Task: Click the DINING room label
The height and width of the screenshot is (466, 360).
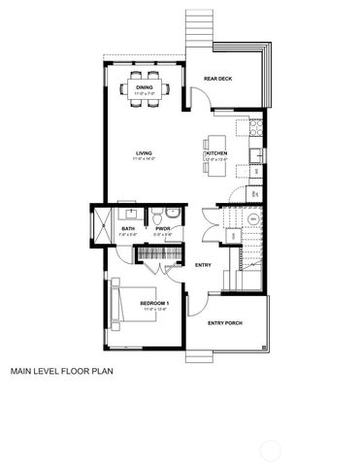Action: pos(144,86)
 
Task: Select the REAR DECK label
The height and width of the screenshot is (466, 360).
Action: pos(217,79)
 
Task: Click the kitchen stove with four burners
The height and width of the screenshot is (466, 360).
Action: pos(255,128)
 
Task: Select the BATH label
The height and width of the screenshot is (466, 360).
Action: pos(128,229)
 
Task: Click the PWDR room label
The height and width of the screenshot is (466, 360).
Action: pos(163,229)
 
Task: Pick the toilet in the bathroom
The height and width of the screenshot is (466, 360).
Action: pos(170,215)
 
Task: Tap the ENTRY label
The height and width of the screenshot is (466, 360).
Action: pos(203,265)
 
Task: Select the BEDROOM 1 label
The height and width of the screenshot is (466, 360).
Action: pos(154,304)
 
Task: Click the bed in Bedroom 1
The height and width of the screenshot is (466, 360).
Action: pos(128,305)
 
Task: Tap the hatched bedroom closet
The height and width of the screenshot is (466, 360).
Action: pos(155,254)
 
